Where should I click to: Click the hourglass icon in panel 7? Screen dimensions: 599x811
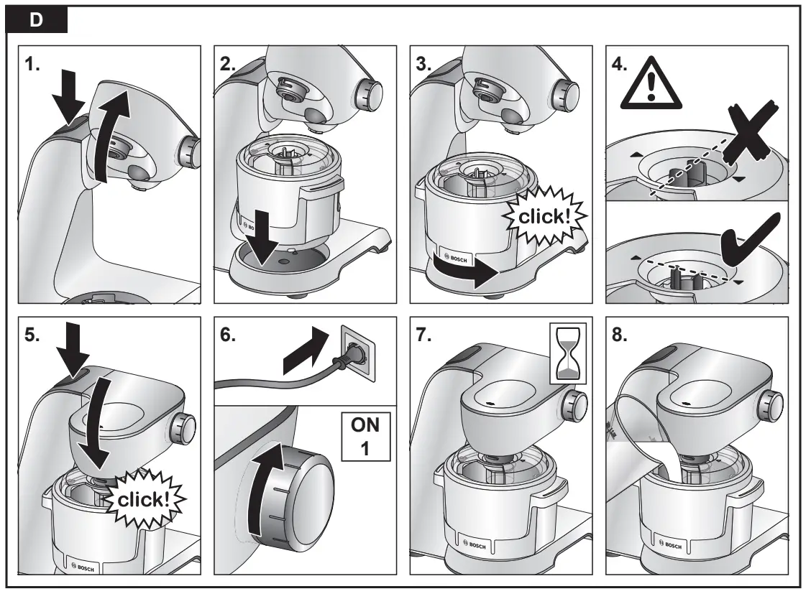(x=567, y=352)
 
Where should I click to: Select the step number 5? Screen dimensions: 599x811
(x=32, y=338)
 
